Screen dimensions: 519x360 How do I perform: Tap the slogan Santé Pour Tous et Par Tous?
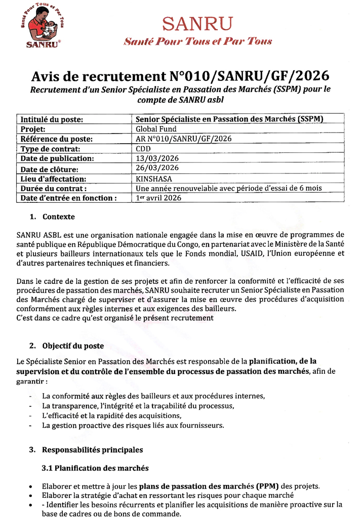197,41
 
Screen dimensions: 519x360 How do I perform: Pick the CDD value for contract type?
143,149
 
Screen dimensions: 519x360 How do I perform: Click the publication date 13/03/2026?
157,158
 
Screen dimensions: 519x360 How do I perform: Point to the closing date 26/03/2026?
157,168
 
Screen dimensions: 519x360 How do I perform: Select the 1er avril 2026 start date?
158,198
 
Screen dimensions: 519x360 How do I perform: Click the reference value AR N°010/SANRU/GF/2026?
184,139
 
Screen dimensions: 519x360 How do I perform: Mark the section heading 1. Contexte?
52,217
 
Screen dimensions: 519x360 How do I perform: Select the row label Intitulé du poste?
51,119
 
